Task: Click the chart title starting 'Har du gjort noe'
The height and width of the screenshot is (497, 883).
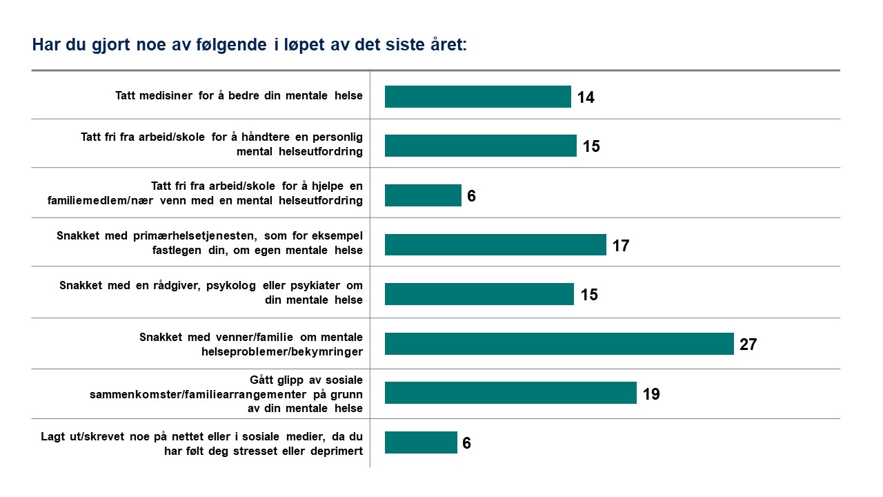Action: click(249, 46)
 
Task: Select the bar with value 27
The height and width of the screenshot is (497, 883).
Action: click(559, 344)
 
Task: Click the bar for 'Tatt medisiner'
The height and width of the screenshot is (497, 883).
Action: click(477, 97)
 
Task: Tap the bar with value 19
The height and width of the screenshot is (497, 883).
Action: click(510, 393)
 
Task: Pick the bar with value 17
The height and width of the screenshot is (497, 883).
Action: click(495, 244)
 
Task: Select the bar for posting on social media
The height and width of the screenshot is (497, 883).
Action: click(421, 442)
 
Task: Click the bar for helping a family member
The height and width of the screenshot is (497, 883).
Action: click(422, 195)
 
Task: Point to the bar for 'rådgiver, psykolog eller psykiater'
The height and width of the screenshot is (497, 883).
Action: click(479, 294)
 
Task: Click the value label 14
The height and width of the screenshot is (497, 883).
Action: click(586, 97)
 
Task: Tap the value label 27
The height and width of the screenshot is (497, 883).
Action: click(748, 344)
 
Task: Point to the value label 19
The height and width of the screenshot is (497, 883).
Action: click(651, 394)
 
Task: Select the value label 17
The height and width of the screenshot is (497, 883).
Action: click(620, 246)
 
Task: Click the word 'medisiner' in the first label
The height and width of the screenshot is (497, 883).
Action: click(170, 96)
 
